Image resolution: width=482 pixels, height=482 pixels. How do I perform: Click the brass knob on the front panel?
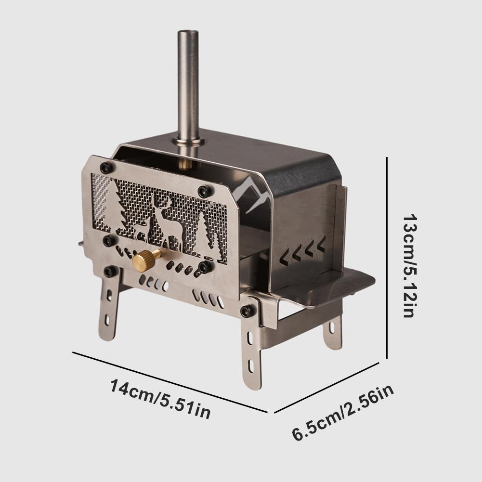coord(145,261)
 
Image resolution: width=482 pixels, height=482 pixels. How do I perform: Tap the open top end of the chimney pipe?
coord(188,33)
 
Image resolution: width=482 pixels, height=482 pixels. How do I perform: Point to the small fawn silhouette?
coord(140,229)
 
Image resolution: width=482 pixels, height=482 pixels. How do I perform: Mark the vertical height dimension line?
coord(387,258)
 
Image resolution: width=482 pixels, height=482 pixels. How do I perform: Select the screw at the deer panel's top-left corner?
coord(106,168)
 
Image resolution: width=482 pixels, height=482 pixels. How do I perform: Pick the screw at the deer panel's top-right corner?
coord(206,191)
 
